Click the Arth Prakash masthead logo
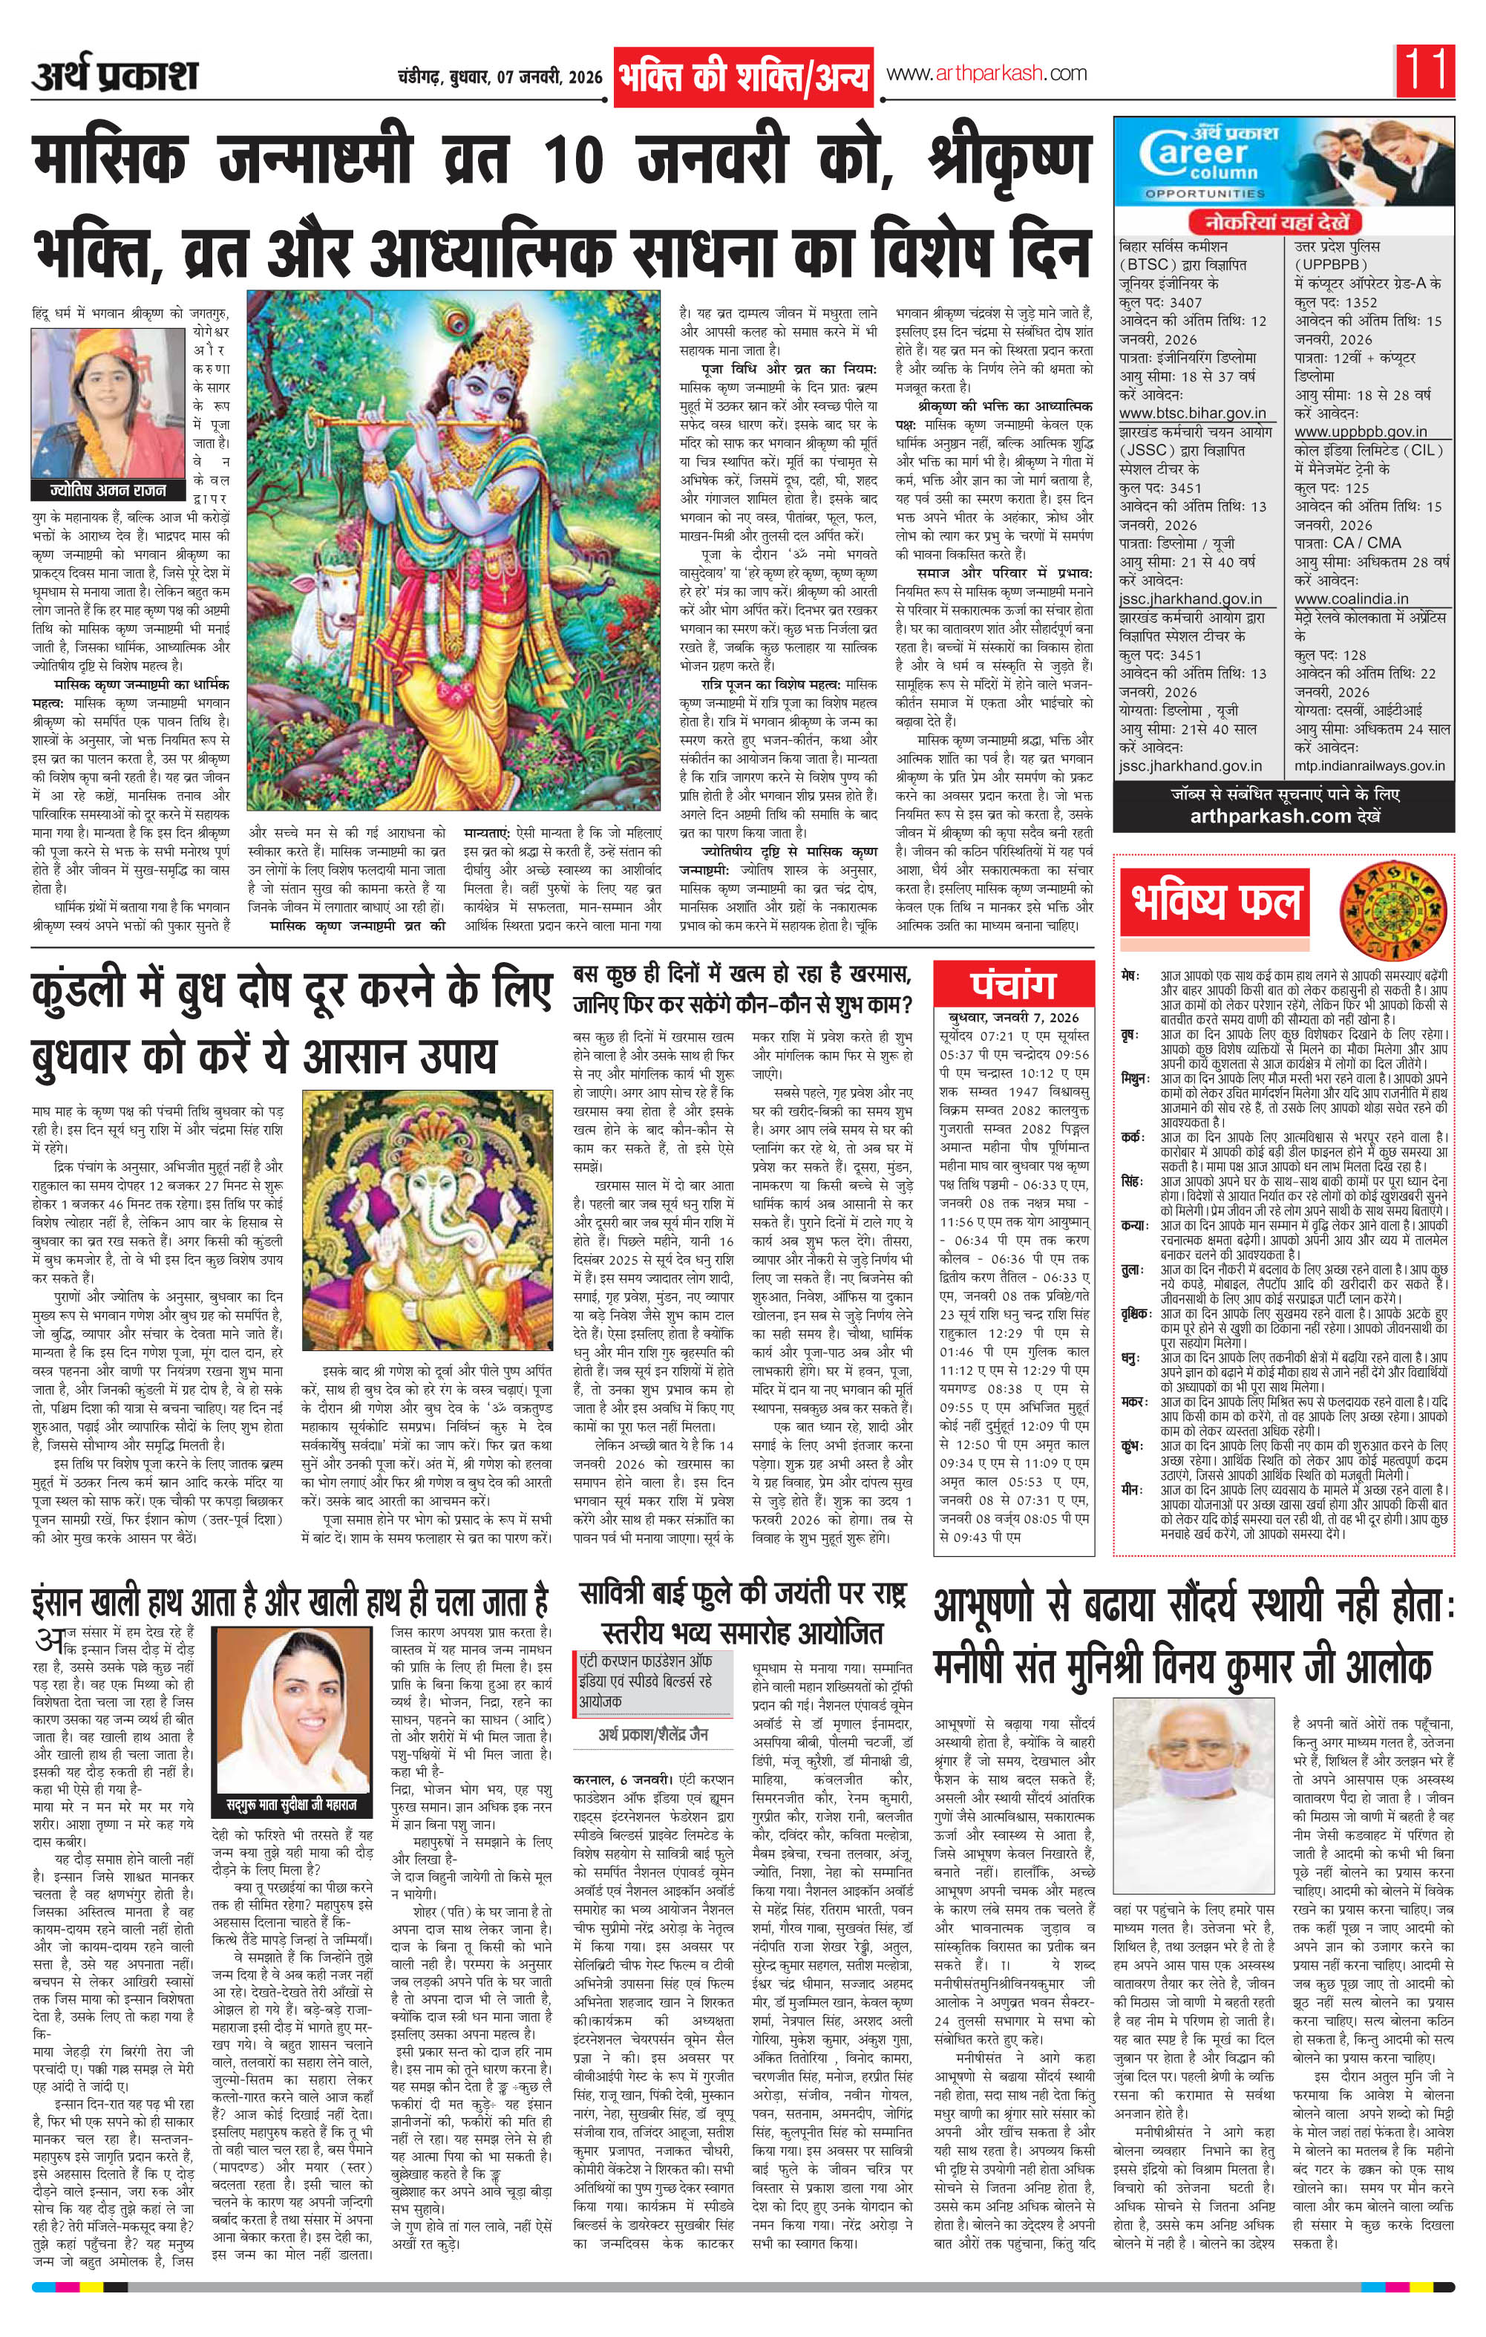(114, 76)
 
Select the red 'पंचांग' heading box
(1012, 985)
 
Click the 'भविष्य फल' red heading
(1215, 898)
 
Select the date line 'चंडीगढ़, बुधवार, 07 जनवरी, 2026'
(499, 76)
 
